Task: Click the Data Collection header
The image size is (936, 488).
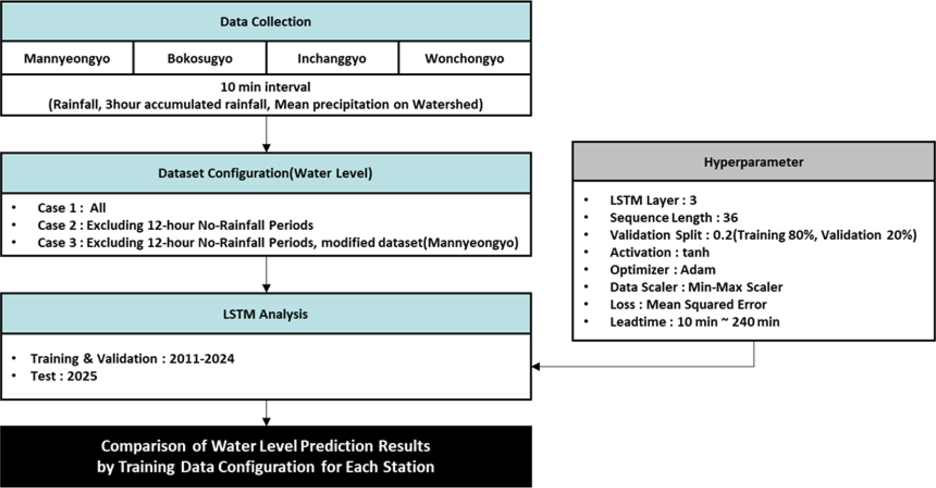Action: [266, 21]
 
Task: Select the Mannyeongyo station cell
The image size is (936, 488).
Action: [67, 58]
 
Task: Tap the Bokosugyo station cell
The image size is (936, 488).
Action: [200, 58]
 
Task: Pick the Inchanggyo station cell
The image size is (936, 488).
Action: [332, 58]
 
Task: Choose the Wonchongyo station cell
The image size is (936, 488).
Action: [464, 58]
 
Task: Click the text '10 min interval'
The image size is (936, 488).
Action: [265, 87]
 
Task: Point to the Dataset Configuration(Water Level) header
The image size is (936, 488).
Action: [266, 173]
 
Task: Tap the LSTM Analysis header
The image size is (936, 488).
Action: [266, 314]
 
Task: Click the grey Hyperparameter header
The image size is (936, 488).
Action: [754, 162]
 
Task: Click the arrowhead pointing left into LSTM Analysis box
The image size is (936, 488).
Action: [536, 367]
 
